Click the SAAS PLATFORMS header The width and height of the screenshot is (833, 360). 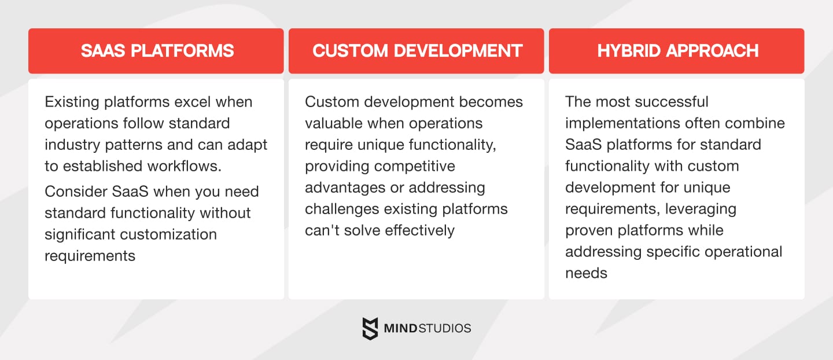157,51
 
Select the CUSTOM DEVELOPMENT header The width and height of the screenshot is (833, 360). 417,51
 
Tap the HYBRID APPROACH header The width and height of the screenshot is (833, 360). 677,51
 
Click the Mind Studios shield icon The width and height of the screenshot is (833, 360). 370,328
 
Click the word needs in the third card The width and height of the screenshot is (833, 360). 586,273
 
